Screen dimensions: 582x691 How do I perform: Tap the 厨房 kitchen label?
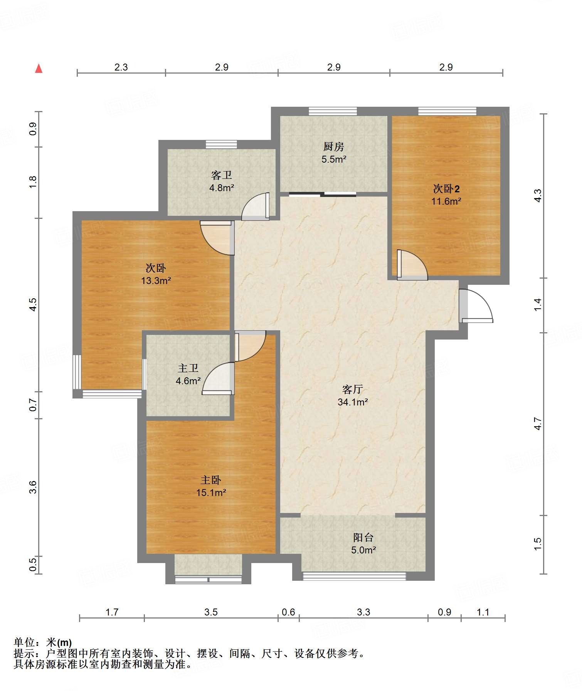coord(333,146)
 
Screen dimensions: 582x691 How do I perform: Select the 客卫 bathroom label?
coord(222,175)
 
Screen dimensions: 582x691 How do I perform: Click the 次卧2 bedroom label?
coord(446,189)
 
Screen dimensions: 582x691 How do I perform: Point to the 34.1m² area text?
coord(353,402)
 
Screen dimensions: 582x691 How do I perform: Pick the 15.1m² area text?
coord(211,493)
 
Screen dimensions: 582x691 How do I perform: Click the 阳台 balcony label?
coord(363,537)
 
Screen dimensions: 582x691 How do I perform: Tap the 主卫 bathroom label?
coord(188,368)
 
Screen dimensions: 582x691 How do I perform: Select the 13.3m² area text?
coord(156,281)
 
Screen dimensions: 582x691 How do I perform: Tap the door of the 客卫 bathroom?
coord(255,207)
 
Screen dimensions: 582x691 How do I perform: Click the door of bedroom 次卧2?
coord(412,265)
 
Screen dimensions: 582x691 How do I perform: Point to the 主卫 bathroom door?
coord(218,379)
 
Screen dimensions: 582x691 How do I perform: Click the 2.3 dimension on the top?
coord(121,67)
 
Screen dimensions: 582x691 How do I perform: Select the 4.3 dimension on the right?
coord(538,196)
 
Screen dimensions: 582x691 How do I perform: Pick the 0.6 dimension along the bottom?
coord(288,612)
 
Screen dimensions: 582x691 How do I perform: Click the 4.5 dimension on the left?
coord(34,305)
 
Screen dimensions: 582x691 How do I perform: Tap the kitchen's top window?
coord(333,111)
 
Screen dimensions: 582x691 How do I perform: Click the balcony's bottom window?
coord(354,576)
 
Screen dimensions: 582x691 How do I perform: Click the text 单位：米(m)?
coord(43,642)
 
